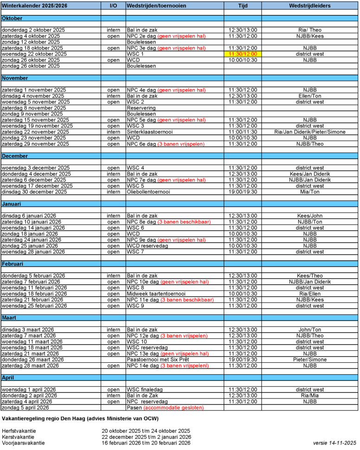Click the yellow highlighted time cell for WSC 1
(243, 54)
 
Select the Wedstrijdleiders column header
(309, 5)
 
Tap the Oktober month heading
(12, 18)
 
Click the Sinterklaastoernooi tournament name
(149, 132)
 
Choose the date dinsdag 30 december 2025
(33, 192)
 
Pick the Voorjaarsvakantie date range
(146, 443)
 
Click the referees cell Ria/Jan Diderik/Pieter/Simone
(309, 132)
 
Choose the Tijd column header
(243, 5)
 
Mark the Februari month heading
(13, 264)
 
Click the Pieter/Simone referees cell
(309, 360)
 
